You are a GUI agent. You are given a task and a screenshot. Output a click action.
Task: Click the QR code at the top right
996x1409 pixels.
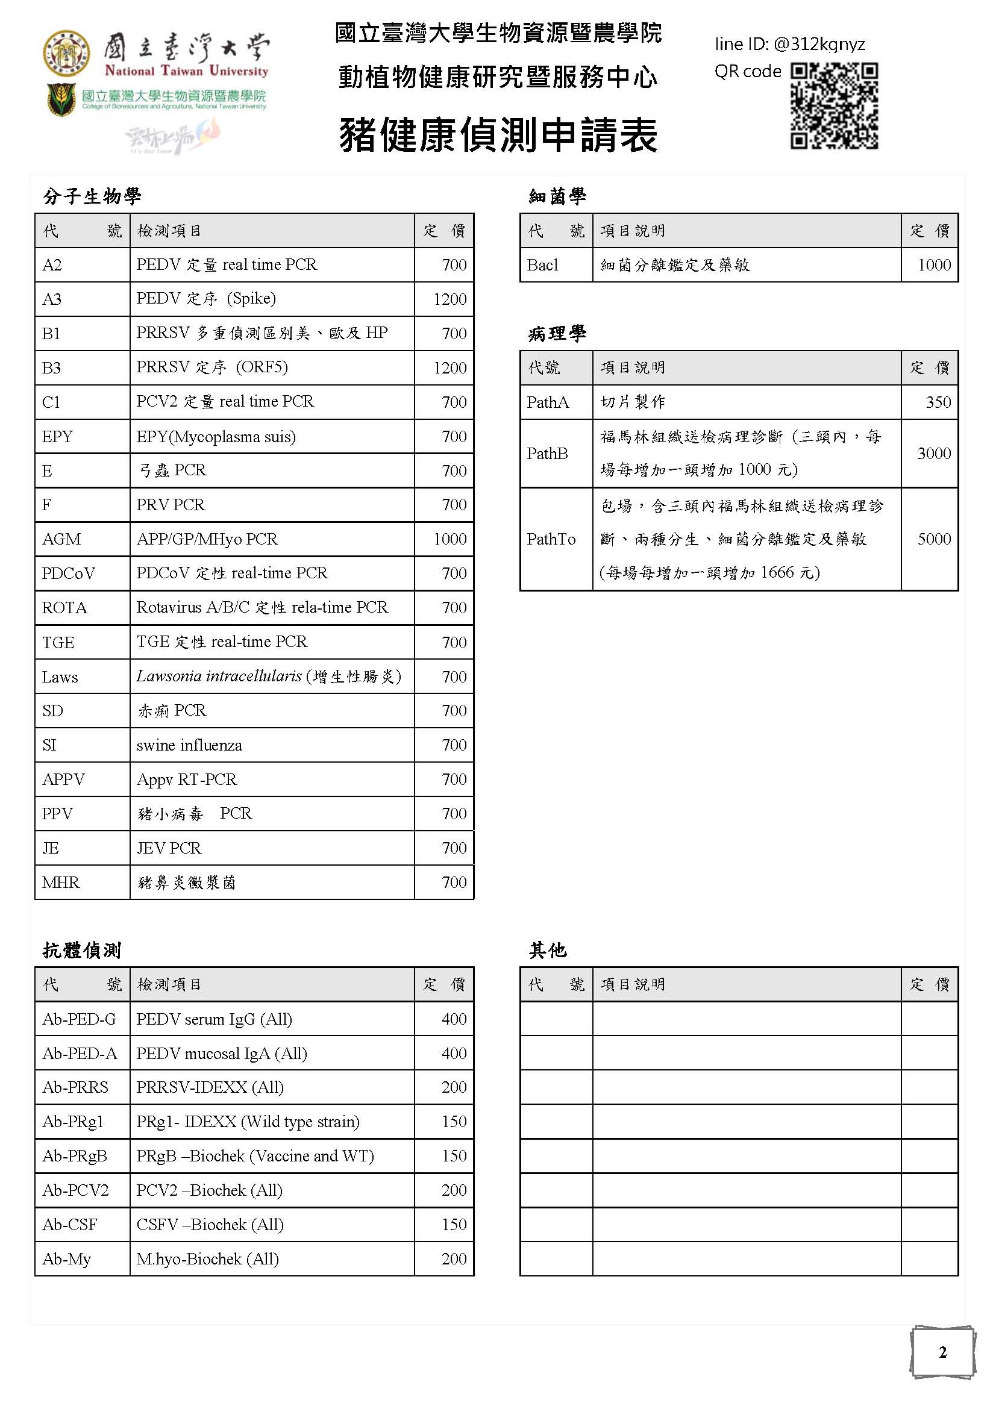[x=833, y=105]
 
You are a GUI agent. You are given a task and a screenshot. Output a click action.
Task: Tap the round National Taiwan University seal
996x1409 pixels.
[x=66, y=54]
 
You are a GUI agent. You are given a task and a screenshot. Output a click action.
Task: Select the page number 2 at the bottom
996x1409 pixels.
[x=942, y=1352]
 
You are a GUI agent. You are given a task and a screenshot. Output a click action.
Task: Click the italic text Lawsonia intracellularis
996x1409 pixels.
[x=219, y=676]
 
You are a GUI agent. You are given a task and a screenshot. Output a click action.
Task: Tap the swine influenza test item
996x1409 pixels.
[x=189, y=745]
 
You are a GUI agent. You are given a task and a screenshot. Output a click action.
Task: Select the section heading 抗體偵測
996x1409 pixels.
[x=82, y=950]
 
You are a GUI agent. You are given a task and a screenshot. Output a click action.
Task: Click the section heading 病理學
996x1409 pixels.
[x=557, y=333]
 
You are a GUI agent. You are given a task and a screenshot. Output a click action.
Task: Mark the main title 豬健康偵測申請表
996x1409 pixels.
[x=498, y=135]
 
